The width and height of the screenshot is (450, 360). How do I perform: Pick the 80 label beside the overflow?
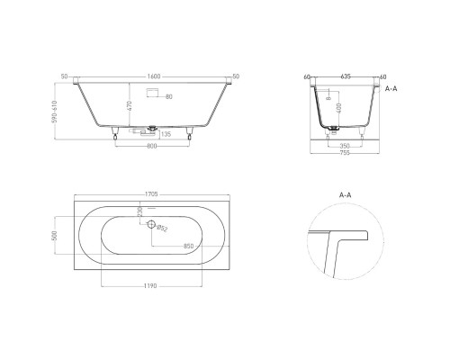pyautogui.click(x=168, y=96)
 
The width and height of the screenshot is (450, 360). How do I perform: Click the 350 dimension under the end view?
pyautogui.click(x=346, y=142)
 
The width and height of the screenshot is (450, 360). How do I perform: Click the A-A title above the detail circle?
pyautogui.click(x=344, y=194)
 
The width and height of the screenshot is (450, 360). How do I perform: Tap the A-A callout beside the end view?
pyautogui.click(x=391, y=91)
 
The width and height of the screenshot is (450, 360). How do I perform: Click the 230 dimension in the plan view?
pyautogui.click(x=139, y=212)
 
